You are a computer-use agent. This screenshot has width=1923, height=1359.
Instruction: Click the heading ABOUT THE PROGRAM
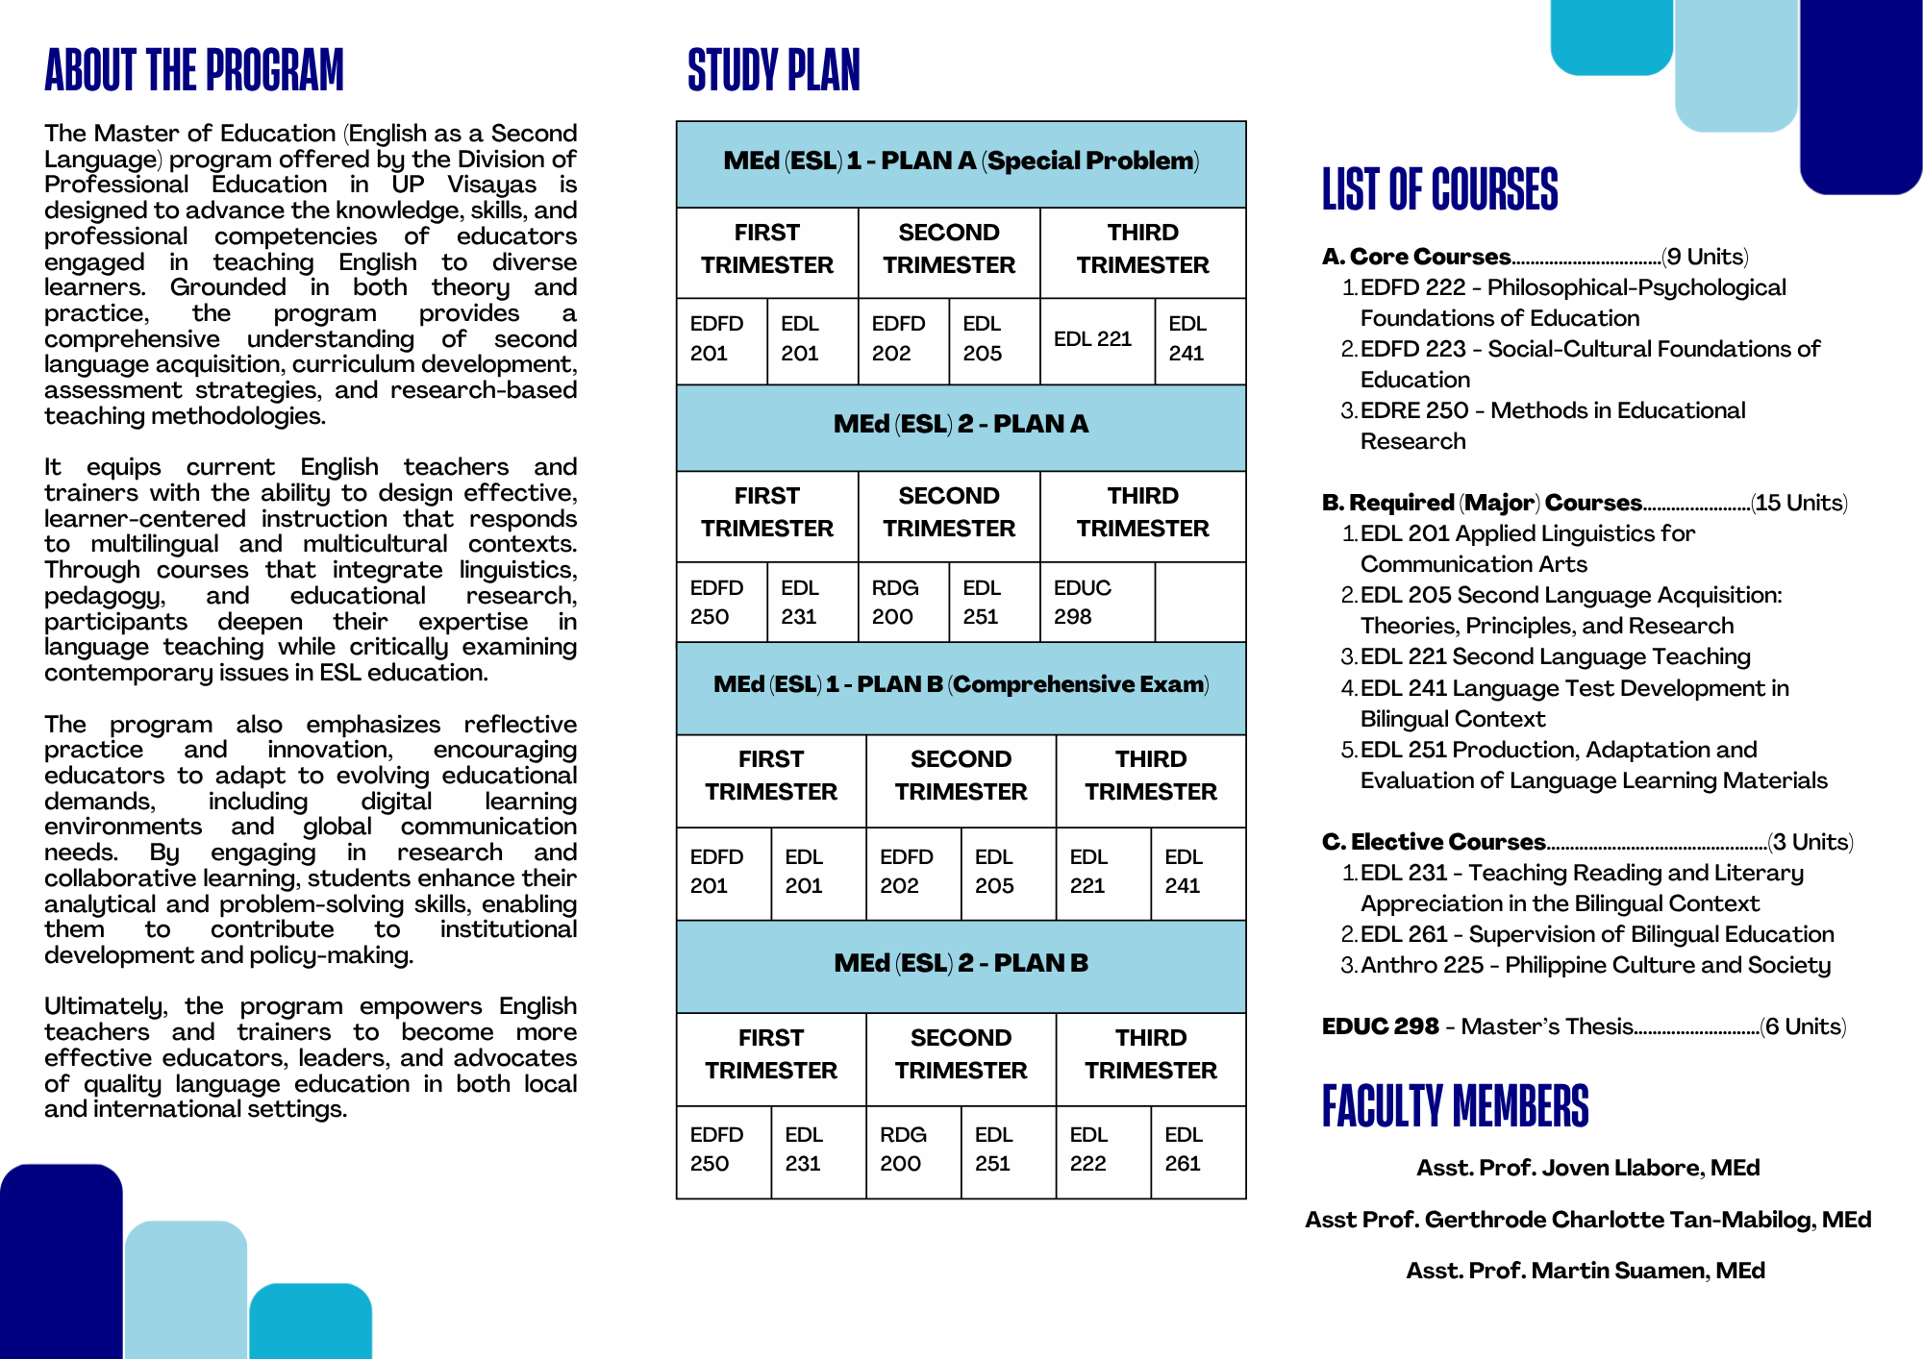[193, 71]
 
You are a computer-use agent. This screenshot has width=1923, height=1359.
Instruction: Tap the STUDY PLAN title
[774, 71]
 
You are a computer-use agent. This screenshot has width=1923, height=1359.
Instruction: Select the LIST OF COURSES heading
[1439, 189]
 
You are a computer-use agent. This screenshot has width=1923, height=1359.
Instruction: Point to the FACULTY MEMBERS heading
[1455, 1106]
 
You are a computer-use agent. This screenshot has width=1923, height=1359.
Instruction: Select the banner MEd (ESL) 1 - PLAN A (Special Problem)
[961, 161]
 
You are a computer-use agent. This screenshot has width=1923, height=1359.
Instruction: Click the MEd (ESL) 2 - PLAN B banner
[961, 963]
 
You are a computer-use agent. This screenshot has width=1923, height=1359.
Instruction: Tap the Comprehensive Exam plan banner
[961, 684]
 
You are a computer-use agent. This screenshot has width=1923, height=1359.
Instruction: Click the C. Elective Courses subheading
[1434, 842]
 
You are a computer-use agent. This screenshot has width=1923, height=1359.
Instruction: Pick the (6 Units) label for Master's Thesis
[1803, 1026]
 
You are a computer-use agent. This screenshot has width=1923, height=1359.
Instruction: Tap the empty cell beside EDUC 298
[1200, 602]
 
